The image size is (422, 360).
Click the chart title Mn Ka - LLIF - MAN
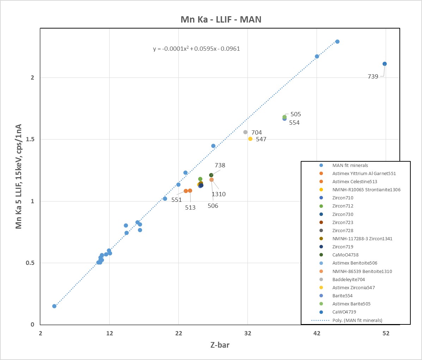(x=221, y=19)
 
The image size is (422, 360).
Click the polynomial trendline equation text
(x=196, y=49)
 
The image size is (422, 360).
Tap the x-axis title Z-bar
(x=220, y=345)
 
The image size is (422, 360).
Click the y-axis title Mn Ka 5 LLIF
(x=19, y=176)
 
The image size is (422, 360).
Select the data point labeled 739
(x=384, y=64)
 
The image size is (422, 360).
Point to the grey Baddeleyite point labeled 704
(x=245, y=132)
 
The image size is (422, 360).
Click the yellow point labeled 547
(x=250, y=139)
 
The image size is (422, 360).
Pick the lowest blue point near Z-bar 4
(x=54, y=306)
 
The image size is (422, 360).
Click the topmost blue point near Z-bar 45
(x=337, y=42)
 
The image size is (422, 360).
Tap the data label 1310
(x=218, y=194)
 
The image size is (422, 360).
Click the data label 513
(x=190, y=207)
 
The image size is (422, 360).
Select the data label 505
(x=295, y=114)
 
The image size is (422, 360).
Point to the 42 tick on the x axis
(x=317, y=333)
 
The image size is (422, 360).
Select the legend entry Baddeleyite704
(x=348, y=279)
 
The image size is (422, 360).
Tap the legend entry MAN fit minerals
(x=350, y=165)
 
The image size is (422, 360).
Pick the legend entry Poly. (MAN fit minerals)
(x=357, y=320)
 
